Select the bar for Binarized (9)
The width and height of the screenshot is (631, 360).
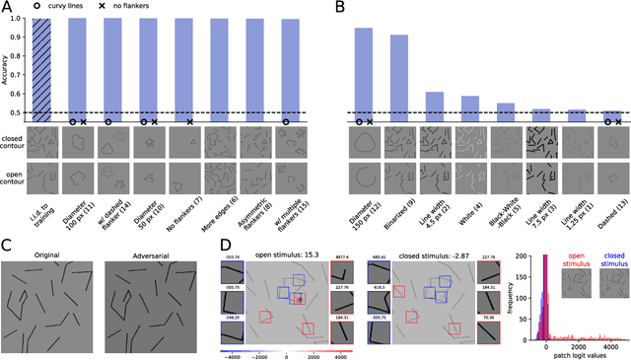coord(398,78)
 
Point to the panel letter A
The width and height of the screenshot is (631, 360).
coord(7,9)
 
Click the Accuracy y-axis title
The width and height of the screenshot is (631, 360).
coord(7,69)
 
